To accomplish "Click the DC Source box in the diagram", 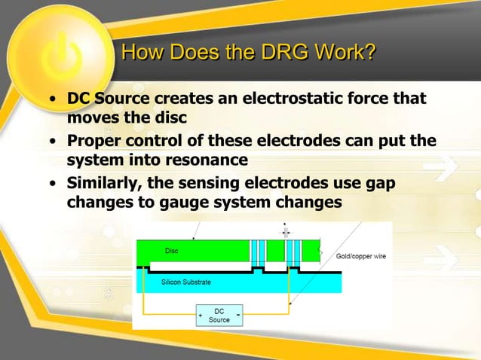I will [x=219, y=315].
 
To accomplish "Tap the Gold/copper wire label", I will [x=360, y=257].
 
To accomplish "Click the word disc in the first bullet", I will [x=169, y=118].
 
